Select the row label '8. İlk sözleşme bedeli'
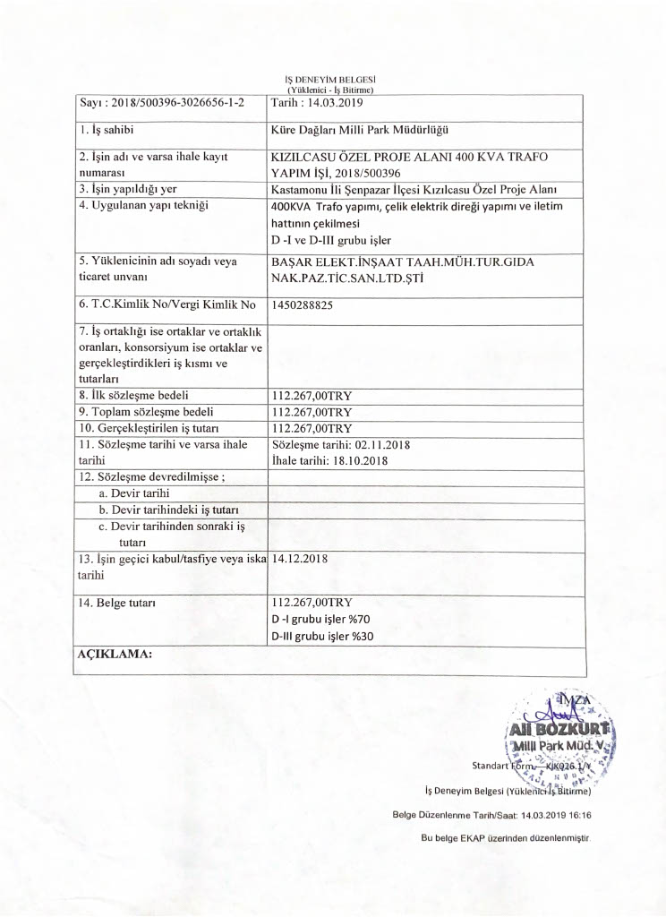coord(134,395)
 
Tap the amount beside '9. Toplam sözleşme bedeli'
coord(312,412)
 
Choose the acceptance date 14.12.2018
coord(301,559)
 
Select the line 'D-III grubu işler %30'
coord(322,637)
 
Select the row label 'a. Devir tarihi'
coord(134,493)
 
